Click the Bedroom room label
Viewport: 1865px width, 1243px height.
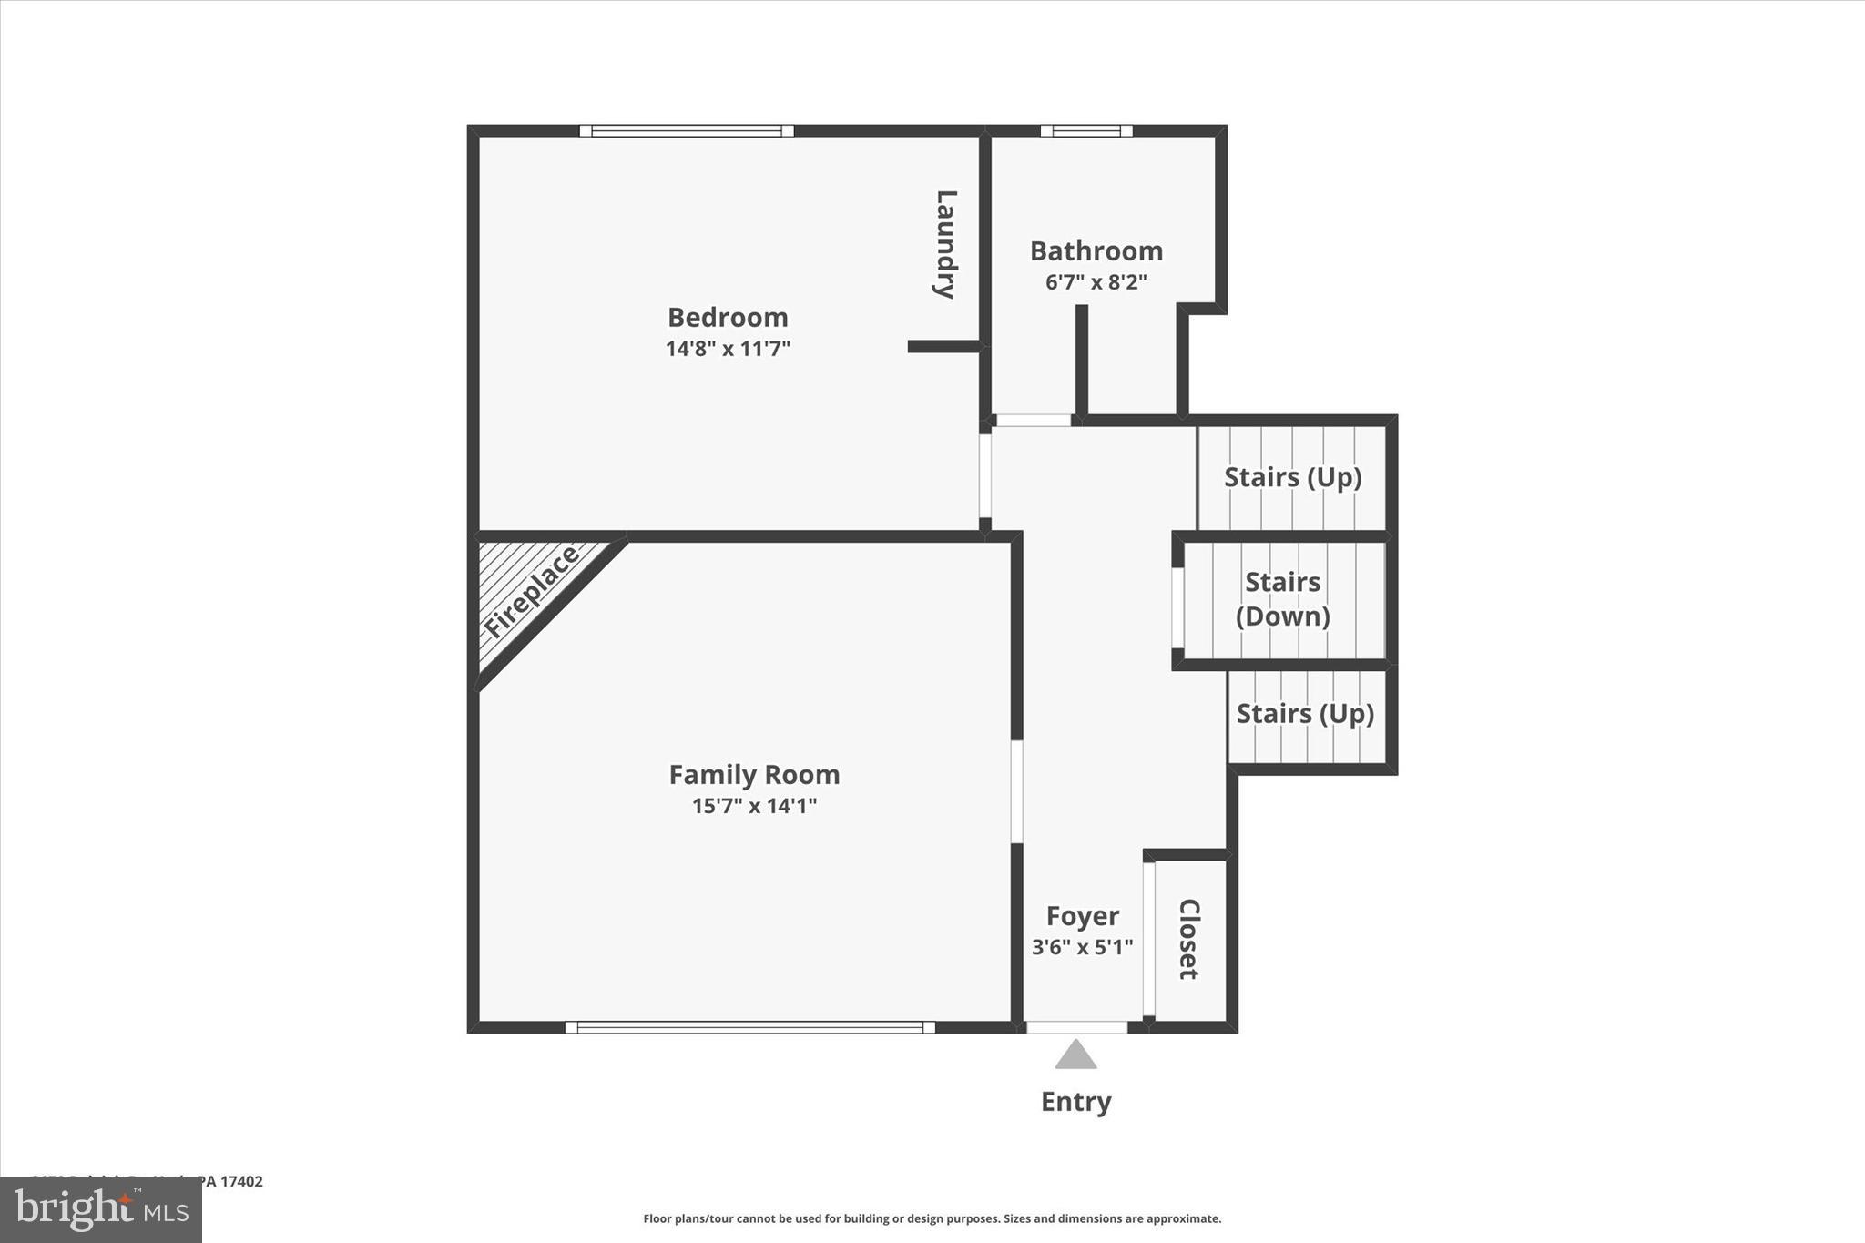[728, 317]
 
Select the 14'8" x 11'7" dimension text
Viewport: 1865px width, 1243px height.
[728, 348]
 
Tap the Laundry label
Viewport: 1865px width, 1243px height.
[945, 244]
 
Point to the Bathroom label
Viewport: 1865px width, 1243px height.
[1096, 250]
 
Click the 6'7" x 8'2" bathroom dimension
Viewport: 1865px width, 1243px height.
[1096, 281]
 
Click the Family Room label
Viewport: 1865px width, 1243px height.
[754, 774]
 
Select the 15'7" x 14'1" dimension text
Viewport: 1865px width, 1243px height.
[754, 805]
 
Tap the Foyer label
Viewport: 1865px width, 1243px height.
[1082, 915]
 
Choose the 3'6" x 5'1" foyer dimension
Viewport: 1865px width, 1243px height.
[1082, 947]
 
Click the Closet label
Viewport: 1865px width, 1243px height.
[1189, 939]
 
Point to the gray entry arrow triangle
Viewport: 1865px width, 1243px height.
[1075, 1056]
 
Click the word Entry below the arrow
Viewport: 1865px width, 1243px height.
[1075, 1102]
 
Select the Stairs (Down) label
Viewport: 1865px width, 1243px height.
[1282, 598]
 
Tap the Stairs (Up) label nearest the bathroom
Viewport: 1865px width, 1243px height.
[1292, 476]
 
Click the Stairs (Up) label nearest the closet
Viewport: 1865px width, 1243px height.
[1305, 713]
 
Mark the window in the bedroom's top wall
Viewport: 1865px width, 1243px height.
[687, 131]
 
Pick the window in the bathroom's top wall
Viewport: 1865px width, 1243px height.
[1086, 131]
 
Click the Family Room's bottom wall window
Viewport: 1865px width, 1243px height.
[749, 1027]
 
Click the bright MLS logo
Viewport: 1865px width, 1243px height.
[101, 1209]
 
